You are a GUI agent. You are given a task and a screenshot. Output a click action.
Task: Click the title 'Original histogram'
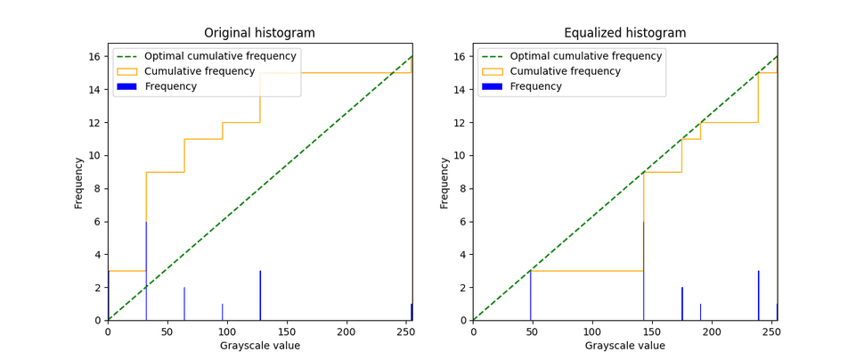click(x=259, y=33)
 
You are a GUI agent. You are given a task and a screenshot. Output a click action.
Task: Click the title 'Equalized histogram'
click(x=624, y=33)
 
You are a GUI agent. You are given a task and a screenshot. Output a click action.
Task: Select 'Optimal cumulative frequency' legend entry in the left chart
click(x=220, y=56)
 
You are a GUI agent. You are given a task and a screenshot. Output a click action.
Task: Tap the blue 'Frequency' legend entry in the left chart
click(x=170, y=86)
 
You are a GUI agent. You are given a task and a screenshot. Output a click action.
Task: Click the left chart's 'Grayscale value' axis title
click(x=259, y=346)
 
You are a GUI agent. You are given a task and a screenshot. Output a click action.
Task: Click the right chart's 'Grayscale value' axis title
click(x=624, y=346)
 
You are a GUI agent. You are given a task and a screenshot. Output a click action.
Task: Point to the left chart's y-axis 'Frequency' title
click(x=79, y=183)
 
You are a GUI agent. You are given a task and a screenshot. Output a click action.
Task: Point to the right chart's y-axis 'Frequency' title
click(x=444, y=183)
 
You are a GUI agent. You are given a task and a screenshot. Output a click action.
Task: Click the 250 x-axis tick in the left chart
click(x=405, y=331)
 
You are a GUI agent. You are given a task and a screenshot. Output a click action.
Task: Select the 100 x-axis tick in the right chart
click(x=592, y=331)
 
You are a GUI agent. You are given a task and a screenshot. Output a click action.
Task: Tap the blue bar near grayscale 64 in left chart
click(x=184, y=304)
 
